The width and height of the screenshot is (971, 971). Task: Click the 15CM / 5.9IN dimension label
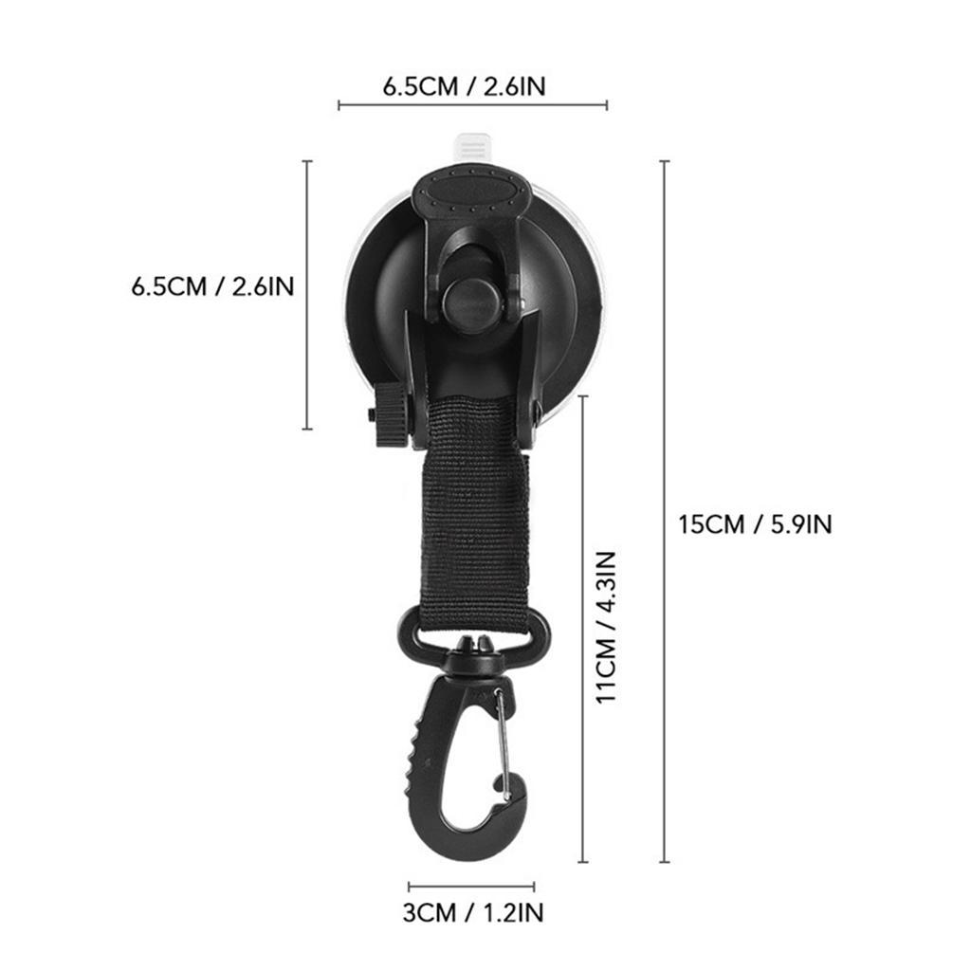[x=755, y=523]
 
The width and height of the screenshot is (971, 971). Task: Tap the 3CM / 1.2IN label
[x=473, y=913]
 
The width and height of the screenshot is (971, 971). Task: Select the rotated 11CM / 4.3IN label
[x=606, y=626]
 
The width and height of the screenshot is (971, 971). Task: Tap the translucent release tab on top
[x=471, y=149]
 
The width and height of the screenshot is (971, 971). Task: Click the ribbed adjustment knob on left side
[x=390, y=414]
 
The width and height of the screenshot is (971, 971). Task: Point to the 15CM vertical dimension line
[x=664, y=512]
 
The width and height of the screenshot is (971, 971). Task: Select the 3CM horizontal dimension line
[x=471, y=888]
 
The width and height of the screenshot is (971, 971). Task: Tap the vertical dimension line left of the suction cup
[x=306, y=295]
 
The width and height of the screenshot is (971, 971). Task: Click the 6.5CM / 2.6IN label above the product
[x=464, y=86]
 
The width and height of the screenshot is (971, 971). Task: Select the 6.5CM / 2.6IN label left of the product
[x=212, y=285]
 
